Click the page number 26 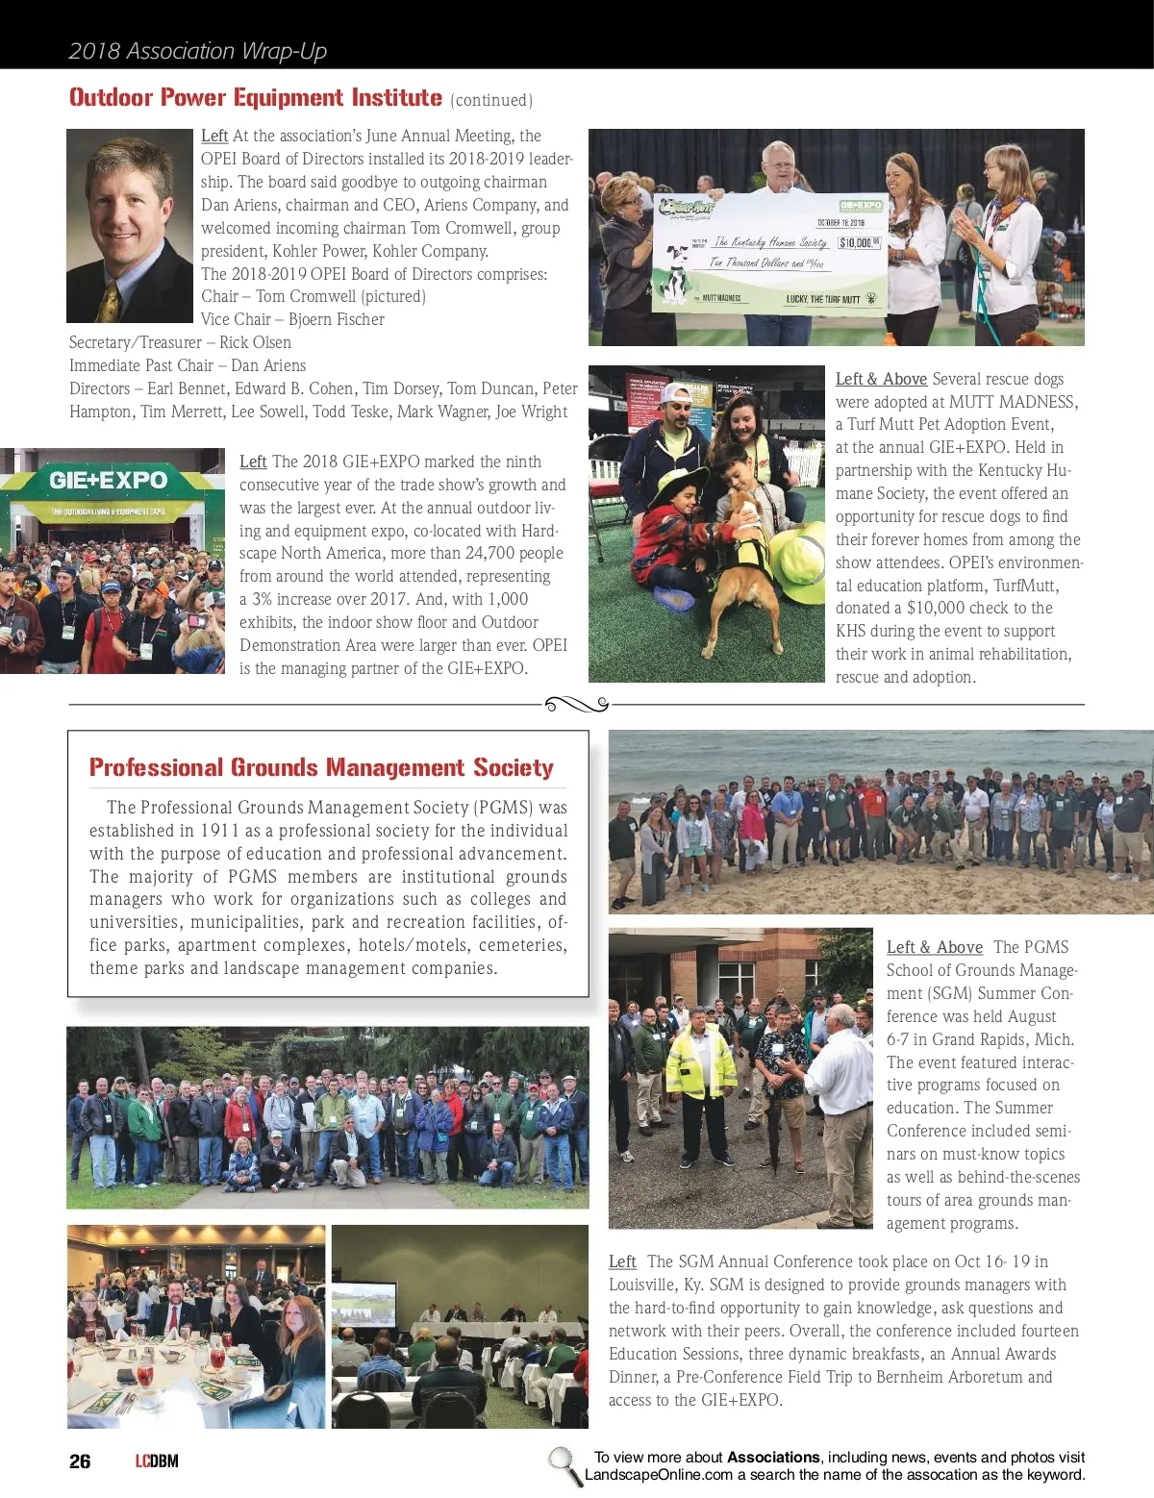[80, 1461]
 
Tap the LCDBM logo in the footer [157, 1461]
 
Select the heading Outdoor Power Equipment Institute [256, 98]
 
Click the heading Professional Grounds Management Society [321, 767]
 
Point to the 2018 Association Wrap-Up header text [197, 51]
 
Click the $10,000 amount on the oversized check [859, 242]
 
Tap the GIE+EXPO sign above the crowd [108, 480]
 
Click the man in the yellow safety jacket [700, 1082]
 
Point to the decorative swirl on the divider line [577, 705]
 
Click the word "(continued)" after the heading [491, 100]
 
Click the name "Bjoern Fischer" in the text [337, 319]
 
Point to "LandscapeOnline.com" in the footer [659, 1475]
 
